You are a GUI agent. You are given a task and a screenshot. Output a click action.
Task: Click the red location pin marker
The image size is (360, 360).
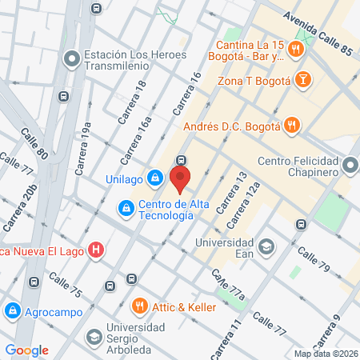tap(182, 179)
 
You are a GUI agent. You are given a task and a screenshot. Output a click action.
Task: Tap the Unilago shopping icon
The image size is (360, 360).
tap(157, 178)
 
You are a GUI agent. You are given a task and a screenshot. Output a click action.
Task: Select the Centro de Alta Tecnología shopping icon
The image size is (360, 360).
tap(125, 209)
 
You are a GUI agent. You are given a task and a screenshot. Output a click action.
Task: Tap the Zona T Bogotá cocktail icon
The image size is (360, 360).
tap(304, 80)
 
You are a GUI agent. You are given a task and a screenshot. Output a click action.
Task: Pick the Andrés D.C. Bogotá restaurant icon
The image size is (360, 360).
tap(293, 124)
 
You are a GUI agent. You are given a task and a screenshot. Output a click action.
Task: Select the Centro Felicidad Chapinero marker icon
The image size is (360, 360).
tap(350, 166)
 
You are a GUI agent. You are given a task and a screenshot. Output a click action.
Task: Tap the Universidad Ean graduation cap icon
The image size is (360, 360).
tap(265, 245)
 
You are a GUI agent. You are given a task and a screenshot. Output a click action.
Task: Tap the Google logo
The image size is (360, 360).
tap(26, 350)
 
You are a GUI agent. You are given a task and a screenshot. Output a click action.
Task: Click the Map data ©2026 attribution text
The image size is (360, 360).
tap(324, 353)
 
